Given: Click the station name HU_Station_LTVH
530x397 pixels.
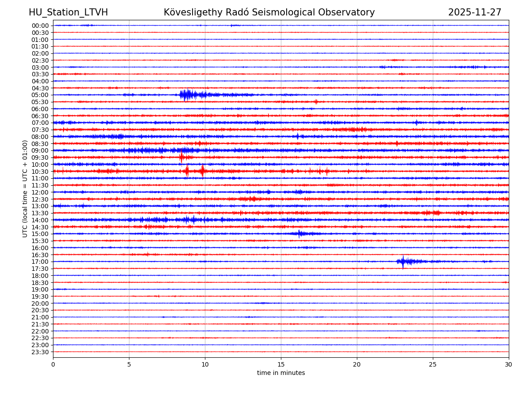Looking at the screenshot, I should click(68, 12).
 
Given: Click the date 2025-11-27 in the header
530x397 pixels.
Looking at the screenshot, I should click(474, 12).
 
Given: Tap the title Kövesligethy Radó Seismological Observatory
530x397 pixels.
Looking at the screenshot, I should click(269, 12).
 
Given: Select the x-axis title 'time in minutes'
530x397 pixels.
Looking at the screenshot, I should click(281, 373).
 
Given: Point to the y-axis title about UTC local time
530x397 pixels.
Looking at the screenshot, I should click(25, 188).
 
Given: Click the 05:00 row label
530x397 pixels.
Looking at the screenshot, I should click(40, 95).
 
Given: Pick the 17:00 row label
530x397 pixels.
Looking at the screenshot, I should click(40, 262).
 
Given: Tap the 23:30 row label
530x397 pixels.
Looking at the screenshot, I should click(40, 352).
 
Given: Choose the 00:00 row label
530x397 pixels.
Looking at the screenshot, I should click(40, 26).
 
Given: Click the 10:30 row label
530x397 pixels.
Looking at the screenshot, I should click(40, 172).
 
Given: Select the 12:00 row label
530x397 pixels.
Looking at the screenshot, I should click(40, 192).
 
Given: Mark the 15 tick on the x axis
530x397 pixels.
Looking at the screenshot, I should click(281, 364).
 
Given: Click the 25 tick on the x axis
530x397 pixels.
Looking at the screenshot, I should click(433, 364).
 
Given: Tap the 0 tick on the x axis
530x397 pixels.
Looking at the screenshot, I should click(53, 364).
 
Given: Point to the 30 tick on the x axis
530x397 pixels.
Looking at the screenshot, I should click(509, 364).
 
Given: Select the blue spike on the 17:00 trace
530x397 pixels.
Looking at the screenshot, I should click(403, 262).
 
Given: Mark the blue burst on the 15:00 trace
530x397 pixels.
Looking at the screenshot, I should click(300, 234).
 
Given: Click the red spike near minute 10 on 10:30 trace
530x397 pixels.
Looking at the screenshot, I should click(203, 171).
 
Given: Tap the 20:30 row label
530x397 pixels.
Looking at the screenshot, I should click(40, 310).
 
